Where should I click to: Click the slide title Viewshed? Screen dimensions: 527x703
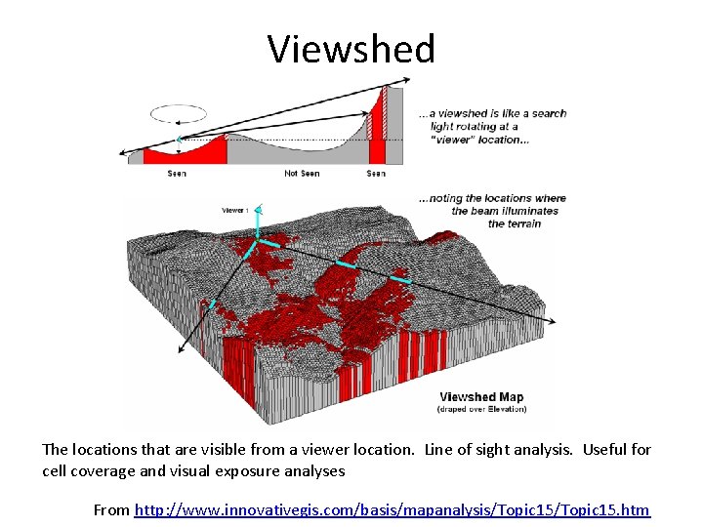351,48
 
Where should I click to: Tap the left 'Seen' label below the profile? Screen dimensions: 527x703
177,174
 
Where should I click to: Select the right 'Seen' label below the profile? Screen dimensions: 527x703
376,174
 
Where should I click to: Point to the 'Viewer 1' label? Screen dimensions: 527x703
235,210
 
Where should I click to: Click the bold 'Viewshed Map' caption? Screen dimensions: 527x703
481,396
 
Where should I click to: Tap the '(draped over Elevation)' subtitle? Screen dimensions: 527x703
481,409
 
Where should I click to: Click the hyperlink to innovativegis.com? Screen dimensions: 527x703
392,509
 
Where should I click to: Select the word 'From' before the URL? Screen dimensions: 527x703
110,509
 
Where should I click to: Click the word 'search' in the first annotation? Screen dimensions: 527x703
549,113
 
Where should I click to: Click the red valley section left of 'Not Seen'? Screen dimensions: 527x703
186,153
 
